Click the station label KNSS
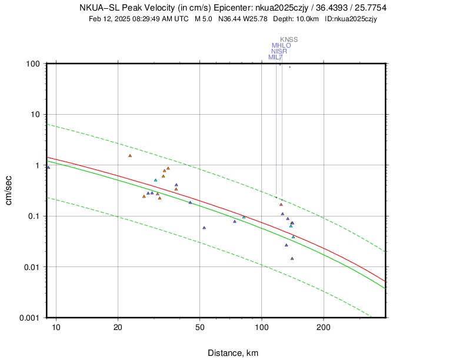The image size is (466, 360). [x=289, y=39]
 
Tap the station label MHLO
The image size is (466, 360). [x=281, y=45]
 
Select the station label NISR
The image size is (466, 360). [x=279, y=51]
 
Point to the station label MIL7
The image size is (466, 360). [x=275, y=57]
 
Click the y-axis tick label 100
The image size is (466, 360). [x=33, y=64]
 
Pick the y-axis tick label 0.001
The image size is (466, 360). [x=29, y=318]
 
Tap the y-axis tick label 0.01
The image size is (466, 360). [x=31, y=267]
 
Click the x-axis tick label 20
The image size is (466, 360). [x=118, y=328]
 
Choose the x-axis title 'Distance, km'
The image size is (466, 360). [x=233, y=353]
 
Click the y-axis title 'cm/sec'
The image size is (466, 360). [x=9, y=191]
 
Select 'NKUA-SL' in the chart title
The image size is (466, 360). [x=98, y=8]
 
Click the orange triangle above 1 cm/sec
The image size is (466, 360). [x=130, y=156]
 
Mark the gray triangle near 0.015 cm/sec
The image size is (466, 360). [x=292, y=258]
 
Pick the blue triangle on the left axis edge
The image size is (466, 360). [x=48, y=168]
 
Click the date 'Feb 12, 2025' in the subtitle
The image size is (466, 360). [x=109, y=19]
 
